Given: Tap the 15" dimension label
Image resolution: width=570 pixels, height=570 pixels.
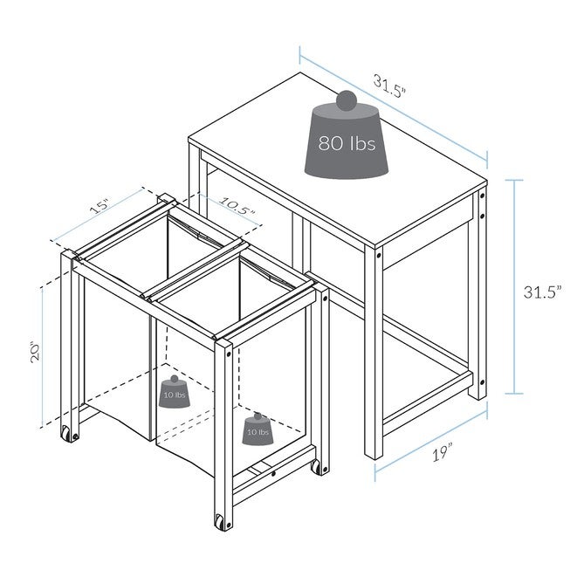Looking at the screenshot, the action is [x=100, y=206].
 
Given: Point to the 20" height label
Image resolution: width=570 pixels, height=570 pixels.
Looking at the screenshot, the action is [x=36, y=352].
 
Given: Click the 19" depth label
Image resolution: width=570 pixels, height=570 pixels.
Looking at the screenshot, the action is [x=443, y=452].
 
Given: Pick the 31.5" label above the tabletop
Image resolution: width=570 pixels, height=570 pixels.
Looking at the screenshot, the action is [x=389, y=86].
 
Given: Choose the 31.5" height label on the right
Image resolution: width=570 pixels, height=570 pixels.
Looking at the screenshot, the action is [x=542, y=292].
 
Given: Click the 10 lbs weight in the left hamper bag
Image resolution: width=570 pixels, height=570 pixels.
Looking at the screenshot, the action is [x=175, y=392].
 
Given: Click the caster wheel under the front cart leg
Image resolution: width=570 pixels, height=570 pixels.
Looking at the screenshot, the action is [x=219, y=522].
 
